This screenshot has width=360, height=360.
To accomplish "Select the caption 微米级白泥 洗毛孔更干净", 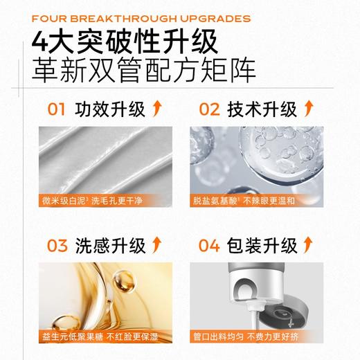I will point(101,202).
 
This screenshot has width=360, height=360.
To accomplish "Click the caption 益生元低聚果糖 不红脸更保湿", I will point(101,339).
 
